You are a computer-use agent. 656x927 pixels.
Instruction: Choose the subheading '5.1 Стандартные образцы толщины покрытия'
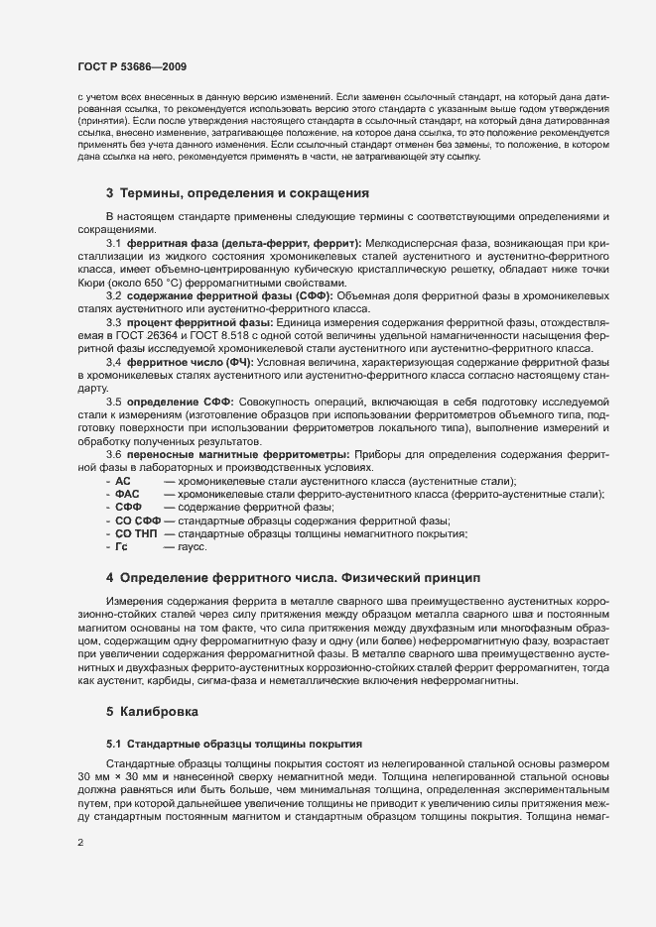pyautogui.click(x=234, y=743)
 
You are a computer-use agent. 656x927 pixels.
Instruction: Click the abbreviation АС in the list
pyautogui.click(x=123, y=480)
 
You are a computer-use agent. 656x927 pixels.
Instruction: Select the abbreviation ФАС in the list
pyautogui.click(x=127, y=494)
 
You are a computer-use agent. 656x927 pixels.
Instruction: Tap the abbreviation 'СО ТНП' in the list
pyautogui.click(x=136, y=533)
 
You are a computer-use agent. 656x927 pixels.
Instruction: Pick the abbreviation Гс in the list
pyautogui.click(x=122, y=546)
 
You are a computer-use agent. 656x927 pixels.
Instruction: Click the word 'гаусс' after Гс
pyautogui.click(x=193, y=546)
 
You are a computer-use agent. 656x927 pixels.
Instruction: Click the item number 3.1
pyautogui.click(x=113, y=243)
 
